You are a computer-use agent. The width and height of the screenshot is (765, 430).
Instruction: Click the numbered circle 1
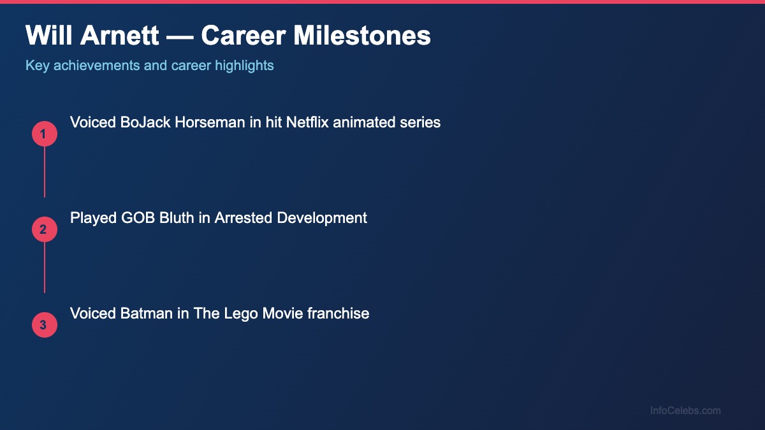click(x=45, y=134)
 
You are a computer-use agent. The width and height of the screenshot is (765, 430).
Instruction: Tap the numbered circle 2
click(x=45, y=229)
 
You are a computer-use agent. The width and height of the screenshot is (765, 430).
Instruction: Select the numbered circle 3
click(x=45, y=325)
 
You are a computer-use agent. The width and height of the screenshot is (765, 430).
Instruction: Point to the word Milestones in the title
click(x=362, y=36)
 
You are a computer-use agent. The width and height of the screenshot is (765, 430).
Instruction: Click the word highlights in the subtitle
click(x=244, y=66)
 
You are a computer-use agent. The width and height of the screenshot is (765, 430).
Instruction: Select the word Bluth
click(x=177, y=218)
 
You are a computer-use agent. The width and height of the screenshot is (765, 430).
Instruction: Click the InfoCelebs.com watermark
click(x=685, y=411)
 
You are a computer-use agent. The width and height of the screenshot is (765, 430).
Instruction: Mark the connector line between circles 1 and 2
click(x=45, y=172)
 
